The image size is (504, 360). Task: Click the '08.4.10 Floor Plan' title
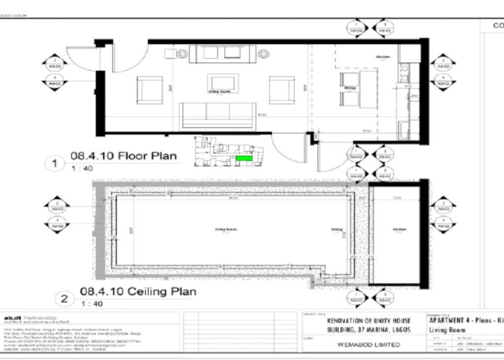coord(124,156)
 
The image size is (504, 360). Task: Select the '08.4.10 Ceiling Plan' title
coord(138,291)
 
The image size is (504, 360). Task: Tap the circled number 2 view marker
coord(63,298)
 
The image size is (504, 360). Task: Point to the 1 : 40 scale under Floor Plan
coord(82,169)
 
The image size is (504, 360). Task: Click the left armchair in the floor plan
coord(150,90)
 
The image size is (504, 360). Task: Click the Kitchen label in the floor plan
coord(383,57)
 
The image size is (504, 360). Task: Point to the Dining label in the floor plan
coord(350,88)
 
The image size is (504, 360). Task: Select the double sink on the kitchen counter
coord(406,73)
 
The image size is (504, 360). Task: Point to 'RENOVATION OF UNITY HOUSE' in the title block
coord(368,321)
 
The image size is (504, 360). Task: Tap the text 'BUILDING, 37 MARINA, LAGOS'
coord(368,330)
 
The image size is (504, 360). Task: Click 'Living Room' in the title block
coord(447,330)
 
